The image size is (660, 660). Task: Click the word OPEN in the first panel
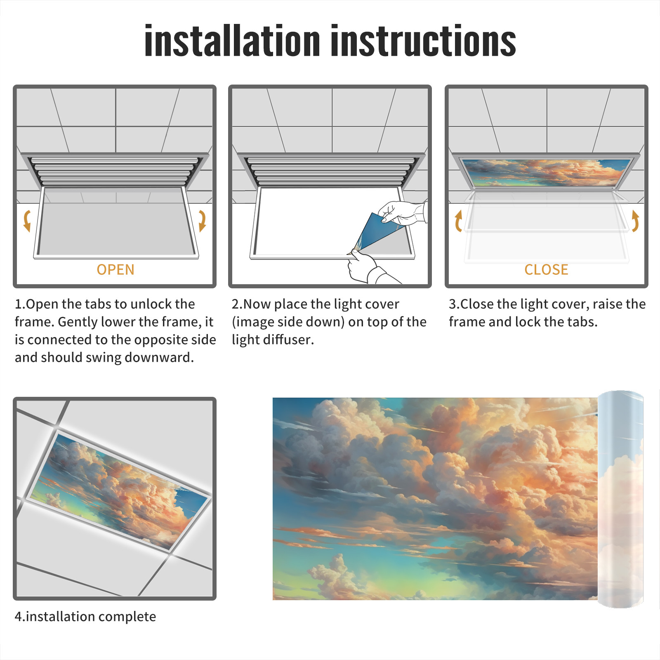tap(115, 270)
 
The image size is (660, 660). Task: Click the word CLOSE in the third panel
tap(546, 270)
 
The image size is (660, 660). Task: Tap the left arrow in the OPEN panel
tap(27, 221)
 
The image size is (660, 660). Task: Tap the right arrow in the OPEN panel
tap(202, 221)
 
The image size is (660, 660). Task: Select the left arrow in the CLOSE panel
tap(458, 221)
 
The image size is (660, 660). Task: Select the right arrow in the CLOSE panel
tap(635, 221)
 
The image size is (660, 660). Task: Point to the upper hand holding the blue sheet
tap(403, 212)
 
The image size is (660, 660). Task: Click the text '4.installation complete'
tap(85, 616)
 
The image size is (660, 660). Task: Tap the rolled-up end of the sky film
tap(620, 499)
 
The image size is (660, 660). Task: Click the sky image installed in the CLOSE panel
tap(546, 173)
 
